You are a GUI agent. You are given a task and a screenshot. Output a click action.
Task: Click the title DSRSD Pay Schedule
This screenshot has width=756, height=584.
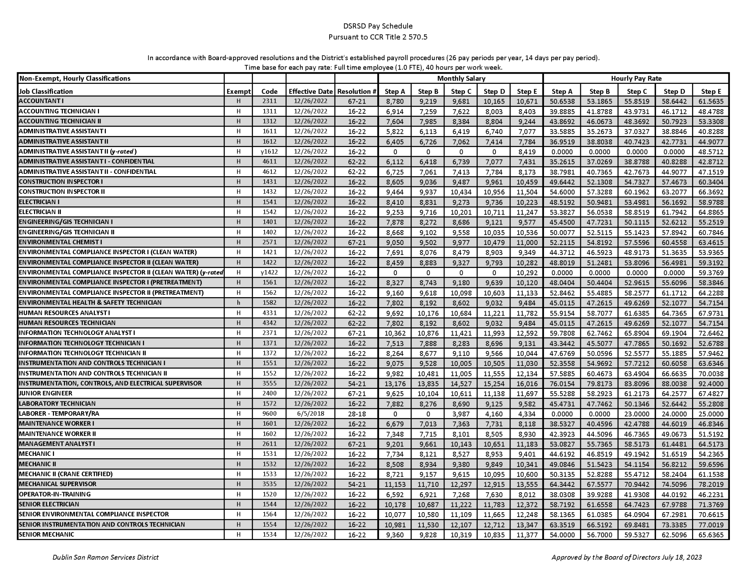[x=378, y=26]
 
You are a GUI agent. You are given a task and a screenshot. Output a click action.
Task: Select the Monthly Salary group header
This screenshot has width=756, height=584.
[x=461, y=79]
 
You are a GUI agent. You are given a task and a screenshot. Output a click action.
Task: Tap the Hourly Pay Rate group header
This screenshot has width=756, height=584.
[x=636, y=79]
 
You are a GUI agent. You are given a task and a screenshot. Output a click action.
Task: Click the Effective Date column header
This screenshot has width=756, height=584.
[x=310, y=91]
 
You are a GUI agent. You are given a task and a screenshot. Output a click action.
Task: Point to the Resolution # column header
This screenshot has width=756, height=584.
[x=356, y=91]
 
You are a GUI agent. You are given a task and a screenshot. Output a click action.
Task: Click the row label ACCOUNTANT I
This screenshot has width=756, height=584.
[x=42, y=101]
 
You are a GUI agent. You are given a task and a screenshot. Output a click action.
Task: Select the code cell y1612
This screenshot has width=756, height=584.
[x=270, y=152]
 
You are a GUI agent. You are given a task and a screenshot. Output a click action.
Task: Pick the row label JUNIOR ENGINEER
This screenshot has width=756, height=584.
[x=45, y=393]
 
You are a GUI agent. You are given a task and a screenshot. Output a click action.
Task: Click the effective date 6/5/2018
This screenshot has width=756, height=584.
[x=310, y=414]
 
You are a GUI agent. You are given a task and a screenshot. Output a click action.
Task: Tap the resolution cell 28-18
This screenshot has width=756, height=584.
[x=356, y=414]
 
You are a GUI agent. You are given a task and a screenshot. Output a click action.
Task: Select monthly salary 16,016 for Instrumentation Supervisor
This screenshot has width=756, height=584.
[x=527, y=384]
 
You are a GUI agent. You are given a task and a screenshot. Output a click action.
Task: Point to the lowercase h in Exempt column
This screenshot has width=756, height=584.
[x=239, y=303]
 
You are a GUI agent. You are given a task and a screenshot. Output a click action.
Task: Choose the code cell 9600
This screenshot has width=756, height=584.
[x=270, y=414]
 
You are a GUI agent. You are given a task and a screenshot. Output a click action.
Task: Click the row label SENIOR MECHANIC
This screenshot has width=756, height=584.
[x=46, y=534]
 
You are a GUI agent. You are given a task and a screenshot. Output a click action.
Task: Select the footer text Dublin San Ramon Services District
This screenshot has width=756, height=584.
[x=105, y=557]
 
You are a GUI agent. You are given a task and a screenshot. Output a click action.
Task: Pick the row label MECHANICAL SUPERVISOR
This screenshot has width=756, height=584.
[x=57, y=484]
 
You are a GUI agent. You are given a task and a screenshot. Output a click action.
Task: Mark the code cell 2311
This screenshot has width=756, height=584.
[x=270, y=101]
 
